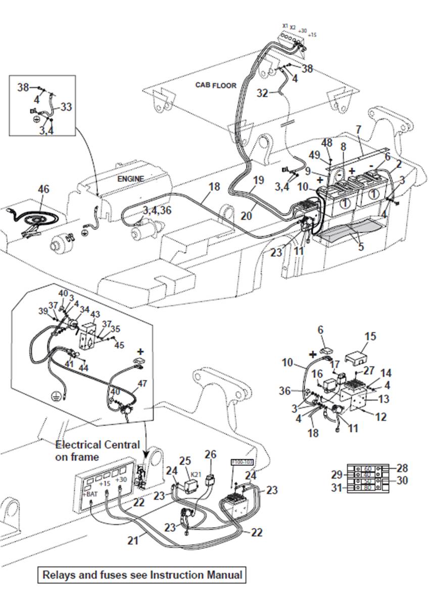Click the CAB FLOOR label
click(216, 85)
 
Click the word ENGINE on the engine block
click(131, 179)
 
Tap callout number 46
click(44, 189)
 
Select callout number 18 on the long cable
click(214, 187)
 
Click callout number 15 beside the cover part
click(370, 336)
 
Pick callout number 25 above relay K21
click(185, 461)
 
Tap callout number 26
click(210, 454)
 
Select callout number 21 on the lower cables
click(132, 541)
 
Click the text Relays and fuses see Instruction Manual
click(142, 575)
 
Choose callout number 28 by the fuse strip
click(402, 468)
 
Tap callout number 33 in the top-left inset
click(66, 107)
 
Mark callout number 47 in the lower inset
click(142, 383)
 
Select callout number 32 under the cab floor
click(262, 93)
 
